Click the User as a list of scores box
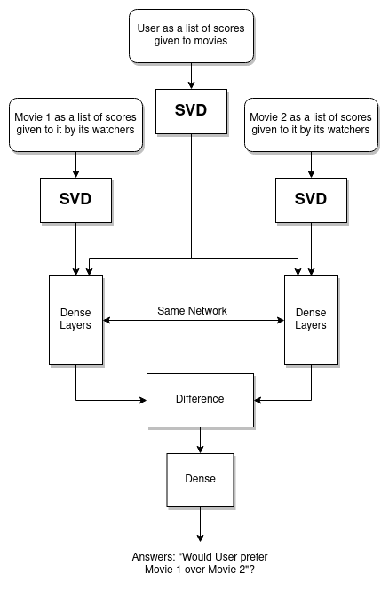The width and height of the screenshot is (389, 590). point(191,36)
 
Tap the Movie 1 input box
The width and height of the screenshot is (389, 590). point(75,124)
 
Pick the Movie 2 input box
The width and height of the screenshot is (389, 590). point(310,124)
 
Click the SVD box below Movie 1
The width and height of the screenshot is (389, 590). point(75,199)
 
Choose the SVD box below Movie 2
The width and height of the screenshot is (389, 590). point(310,199)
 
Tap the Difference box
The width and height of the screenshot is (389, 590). point(200,399)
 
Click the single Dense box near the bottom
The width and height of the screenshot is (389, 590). point(200,479)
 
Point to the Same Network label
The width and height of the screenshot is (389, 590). point(192,310)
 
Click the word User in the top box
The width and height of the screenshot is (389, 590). point(151,28)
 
